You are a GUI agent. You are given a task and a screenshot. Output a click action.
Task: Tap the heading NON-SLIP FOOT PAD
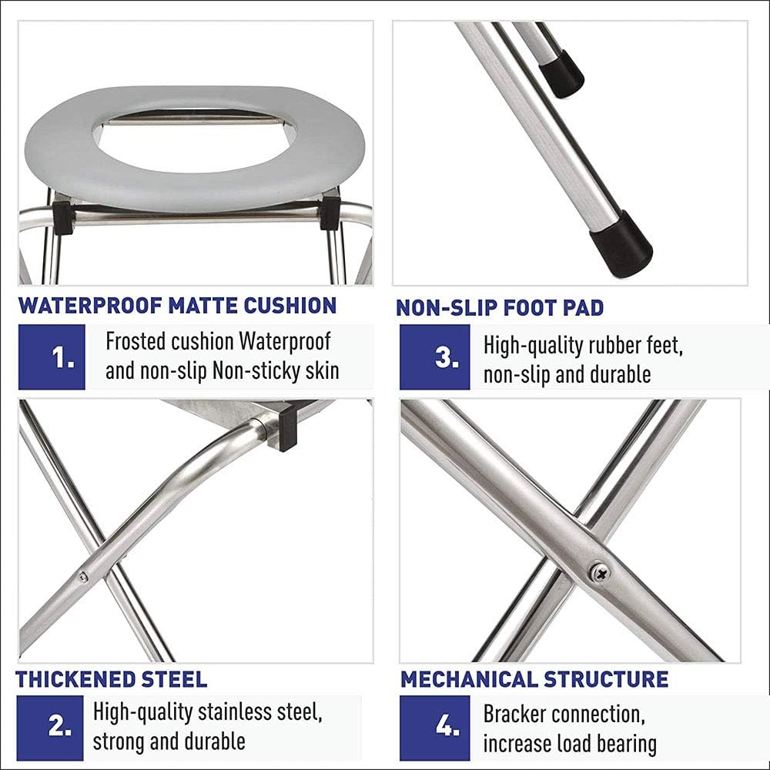point(500,308)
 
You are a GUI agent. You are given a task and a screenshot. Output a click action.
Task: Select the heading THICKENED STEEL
point(112,679)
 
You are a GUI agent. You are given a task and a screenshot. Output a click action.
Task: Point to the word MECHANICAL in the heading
point(469,679)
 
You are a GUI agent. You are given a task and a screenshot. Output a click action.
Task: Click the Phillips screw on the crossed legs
point(598,572)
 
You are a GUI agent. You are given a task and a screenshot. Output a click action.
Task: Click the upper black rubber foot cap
point(561,74)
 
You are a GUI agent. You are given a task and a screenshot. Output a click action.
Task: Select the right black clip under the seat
point(330,213)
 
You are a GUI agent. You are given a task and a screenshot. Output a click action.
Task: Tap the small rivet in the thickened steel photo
point(83,577)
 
